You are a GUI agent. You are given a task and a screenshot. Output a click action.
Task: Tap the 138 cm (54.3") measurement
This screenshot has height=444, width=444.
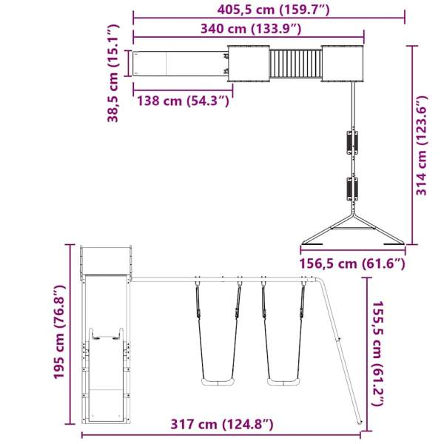[182, 101]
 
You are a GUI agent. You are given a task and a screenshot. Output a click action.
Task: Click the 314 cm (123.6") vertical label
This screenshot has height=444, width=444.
[422, 145]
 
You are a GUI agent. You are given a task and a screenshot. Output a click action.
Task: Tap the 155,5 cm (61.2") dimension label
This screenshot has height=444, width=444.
[379, 354]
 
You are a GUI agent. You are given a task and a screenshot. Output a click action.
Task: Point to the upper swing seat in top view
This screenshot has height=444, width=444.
[351, 141]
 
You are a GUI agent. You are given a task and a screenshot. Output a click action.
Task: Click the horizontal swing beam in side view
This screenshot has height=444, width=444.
[222, 278]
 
